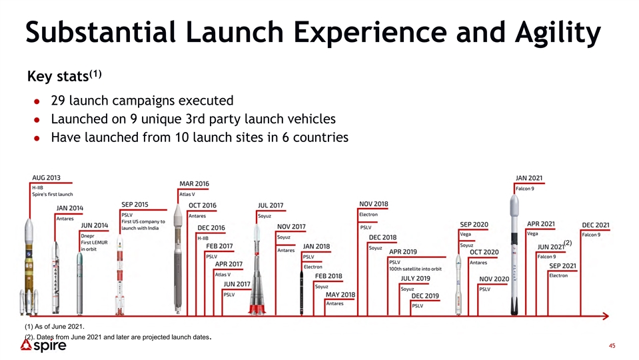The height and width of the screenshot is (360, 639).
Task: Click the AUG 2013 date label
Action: coord(46,178)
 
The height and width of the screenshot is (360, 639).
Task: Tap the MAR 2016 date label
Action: coord(194,184)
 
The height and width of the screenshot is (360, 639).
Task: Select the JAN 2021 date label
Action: coord(529,178)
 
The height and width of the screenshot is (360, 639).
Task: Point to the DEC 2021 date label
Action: coord(596,225)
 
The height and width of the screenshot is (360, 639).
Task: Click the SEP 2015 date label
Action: coord(135,205)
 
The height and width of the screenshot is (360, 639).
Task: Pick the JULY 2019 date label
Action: coord(415,279)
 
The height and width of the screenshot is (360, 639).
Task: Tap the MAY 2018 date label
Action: coord(340,295)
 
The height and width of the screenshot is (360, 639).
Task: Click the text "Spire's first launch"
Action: coord(53,195)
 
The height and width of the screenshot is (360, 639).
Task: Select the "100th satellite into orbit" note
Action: coord(415,269)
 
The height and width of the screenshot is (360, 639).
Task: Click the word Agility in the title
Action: coord(558,33)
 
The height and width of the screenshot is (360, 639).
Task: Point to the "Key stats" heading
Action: coord(64,76)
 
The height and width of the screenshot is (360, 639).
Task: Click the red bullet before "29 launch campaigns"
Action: coord(37,101)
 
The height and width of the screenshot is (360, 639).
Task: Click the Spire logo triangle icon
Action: coord(26,346)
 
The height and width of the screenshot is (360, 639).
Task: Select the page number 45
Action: coord(612,346)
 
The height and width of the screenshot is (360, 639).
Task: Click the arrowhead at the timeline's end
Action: coord(606,316)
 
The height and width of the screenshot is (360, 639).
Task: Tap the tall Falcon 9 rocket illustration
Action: coord(514,255)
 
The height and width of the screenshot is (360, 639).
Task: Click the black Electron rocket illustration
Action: coord(302,292)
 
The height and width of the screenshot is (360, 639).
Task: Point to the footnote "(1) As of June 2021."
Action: coord(55,327)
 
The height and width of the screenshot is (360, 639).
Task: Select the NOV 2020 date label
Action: coord(494,279)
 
